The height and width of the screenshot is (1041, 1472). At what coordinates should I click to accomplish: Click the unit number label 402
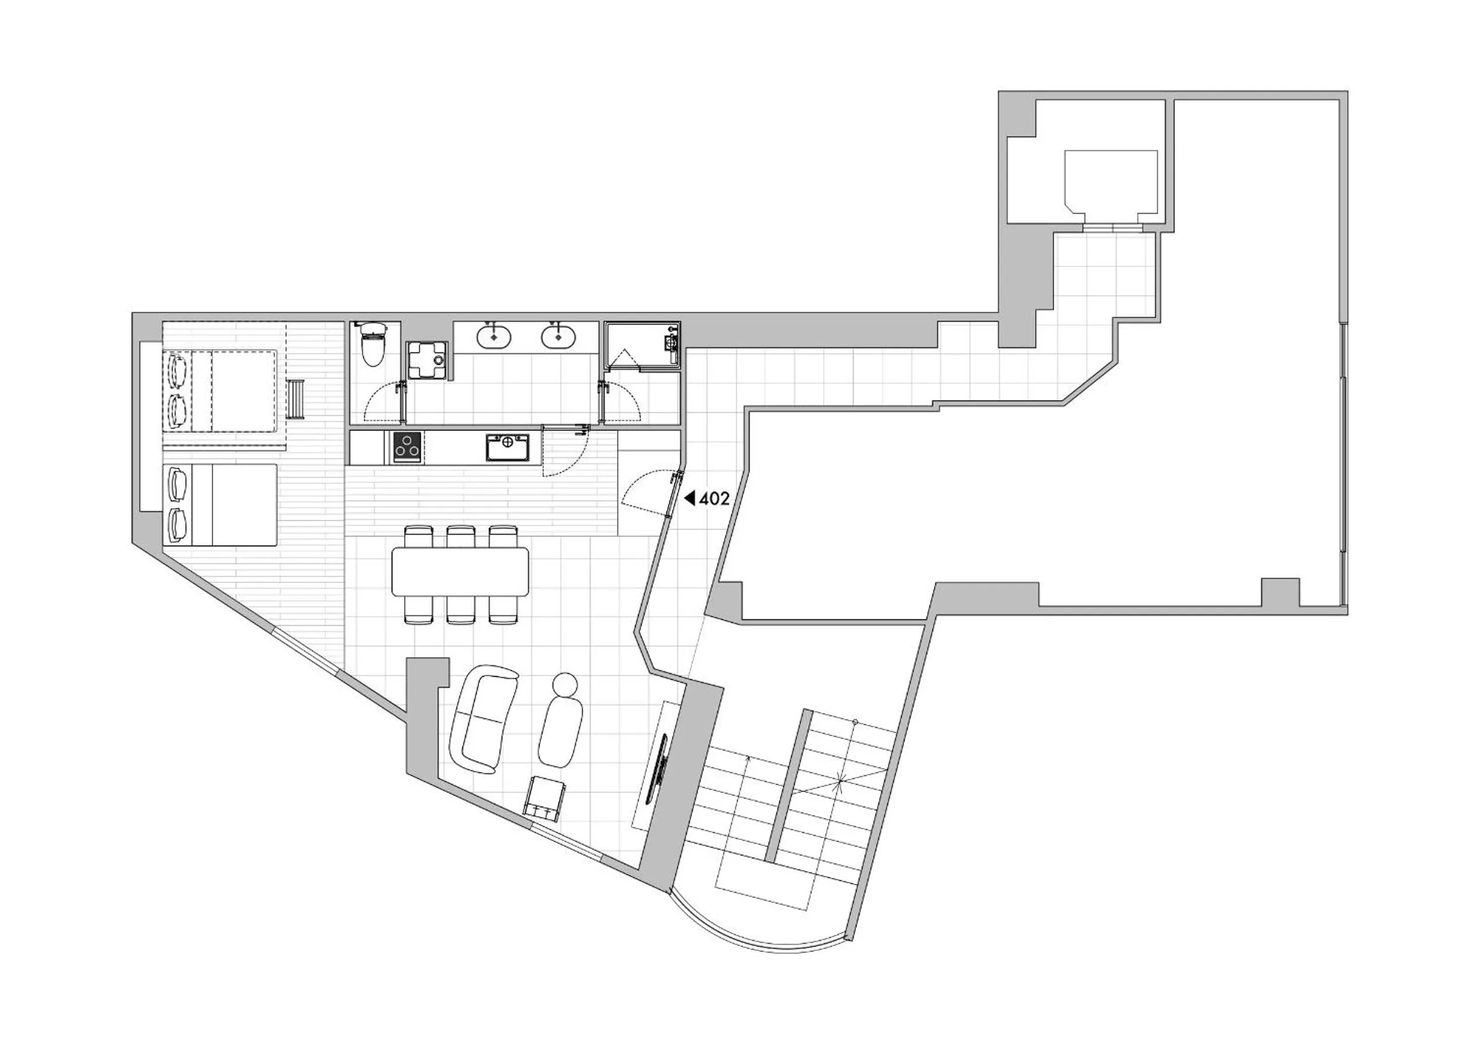[x=714, y=499]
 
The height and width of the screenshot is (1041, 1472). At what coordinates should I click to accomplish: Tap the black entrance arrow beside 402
[x=690, y=498]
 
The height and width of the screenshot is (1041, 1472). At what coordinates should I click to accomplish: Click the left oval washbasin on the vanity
[x=494, y=337]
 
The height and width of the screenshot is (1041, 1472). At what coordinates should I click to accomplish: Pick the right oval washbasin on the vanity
[x=559, y=337]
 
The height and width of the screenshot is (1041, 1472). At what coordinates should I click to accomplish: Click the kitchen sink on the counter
[x=507, y=447]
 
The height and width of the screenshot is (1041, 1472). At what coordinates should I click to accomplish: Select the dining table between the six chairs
[x=461, y=570]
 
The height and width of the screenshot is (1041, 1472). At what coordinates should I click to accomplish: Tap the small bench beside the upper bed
[x=296, y=400]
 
